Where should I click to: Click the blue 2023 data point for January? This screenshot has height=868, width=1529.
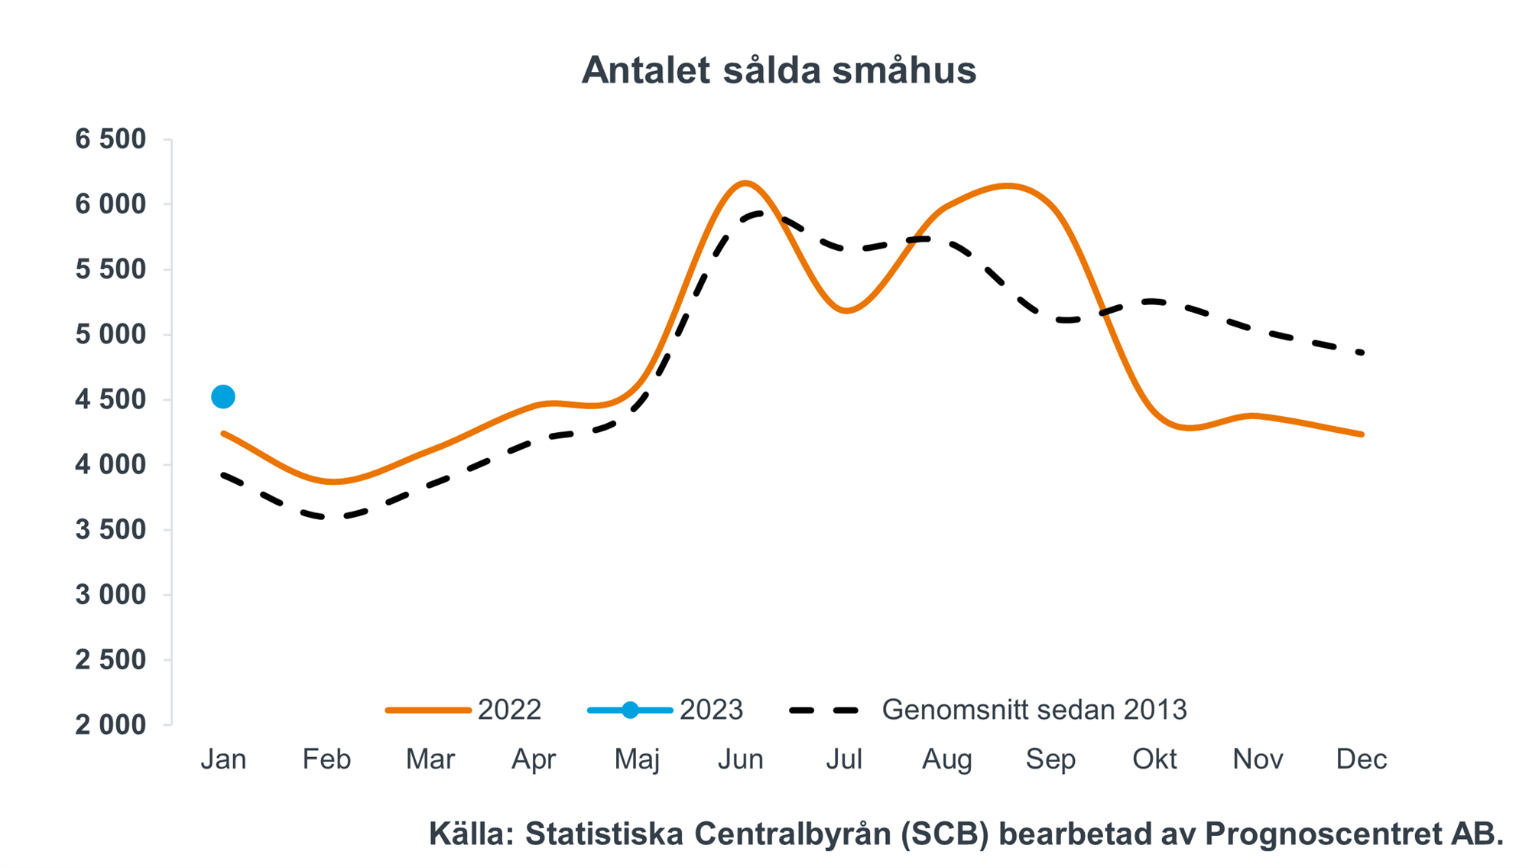223,397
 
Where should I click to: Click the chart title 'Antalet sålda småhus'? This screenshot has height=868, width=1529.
778,70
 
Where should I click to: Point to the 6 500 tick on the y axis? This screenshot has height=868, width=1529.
110,139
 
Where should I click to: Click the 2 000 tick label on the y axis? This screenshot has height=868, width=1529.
110,725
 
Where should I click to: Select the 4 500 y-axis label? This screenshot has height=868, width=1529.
110,399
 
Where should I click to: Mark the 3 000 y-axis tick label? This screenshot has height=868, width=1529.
110,595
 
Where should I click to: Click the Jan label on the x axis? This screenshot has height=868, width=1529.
223,759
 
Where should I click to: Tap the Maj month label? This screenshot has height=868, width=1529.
637,759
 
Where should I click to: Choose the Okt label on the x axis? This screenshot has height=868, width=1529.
1154,759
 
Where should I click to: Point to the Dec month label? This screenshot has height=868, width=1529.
1361,759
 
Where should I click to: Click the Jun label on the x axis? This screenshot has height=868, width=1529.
740,759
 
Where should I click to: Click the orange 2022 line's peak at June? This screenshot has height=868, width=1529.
745,183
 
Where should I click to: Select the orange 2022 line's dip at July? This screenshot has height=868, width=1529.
846,310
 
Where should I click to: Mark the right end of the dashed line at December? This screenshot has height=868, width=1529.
1362,353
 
